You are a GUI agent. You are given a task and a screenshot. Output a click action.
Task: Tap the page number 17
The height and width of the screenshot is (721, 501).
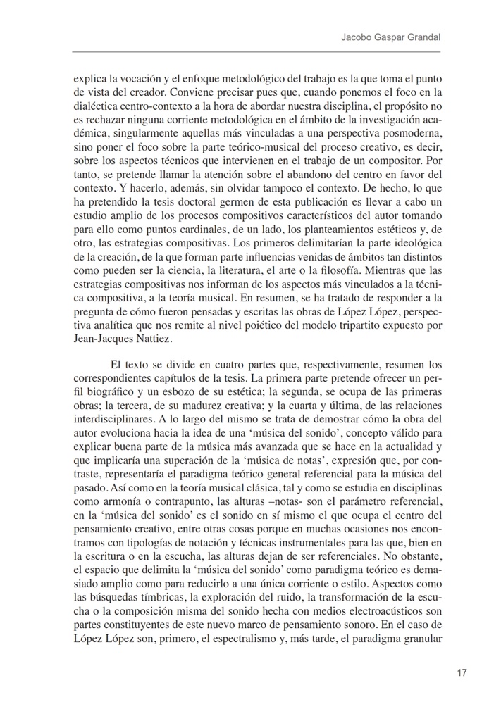[462, 672]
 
